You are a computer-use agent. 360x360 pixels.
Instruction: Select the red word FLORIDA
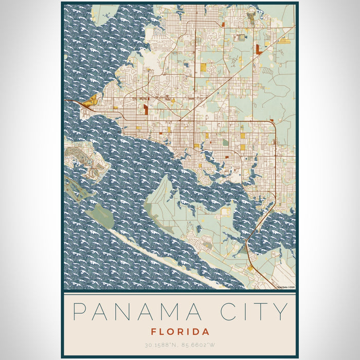(179, 332)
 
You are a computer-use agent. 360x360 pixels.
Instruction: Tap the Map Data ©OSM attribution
(285, 286)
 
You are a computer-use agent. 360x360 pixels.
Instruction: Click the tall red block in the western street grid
(146, 109)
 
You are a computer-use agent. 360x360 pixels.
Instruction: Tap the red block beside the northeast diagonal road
(258, 49)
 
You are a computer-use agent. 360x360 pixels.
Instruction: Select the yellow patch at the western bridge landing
(91, 100)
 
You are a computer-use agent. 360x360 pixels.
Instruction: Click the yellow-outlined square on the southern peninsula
(225, 211)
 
